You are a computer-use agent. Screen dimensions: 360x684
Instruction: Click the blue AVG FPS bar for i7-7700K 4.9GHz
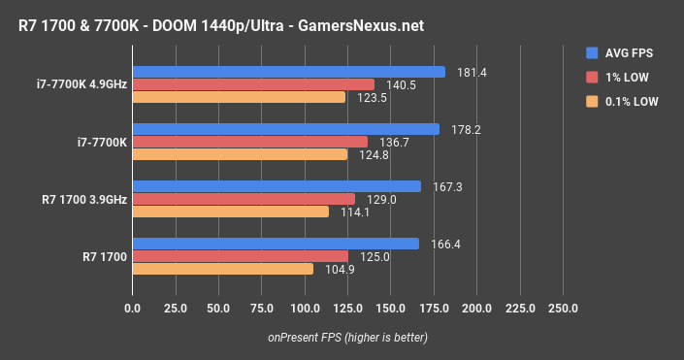pos(288,72)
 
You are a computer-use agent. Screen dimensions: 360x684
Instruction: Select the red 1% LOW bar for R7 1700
pos(240,256)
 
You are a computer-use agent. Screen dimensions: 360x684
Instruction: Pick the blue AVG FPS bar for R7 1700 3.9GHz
pos(277,186)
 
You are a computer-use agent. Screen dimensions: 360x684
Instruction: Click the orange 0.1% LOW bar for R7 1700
pos(222,269)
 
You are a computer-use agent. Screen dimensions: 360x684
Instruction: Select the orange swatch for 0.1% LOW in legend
pos(591,100)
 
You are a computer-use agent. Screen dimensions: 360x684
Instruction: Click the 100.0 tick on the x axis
pos(305,308)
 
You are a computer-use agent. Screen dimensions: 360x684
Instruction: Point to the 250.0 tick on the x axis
pos(563,308)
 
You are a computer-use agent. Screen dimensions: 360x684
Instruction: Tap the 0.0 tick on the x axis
pos(133,308)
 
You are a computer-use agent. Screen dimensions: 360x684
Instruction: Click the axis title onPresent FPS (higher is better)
pos(347,337)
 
